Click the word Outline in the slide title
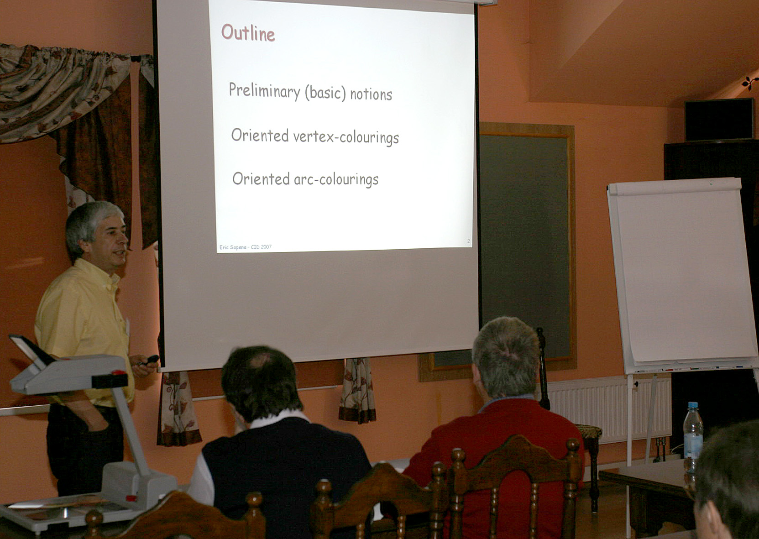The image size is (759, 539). tap(248, 33)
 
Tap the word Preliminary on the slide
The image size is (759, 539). tap(265, 91)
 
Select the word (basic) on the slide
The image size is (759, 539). tap(325, 92)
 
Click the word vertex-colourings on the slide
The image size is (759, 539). tap(346, 137)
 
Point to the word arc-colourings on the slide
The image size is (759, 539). tap(336, 179)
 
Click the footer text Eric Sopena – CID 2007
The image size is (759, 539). tap(246, 247)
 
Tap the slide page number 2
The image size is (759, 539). tap(468, 241)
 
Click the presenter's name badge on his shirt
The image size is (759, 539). tap(127, 327)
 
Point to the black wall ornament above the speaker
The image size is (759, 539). tap(749, 82)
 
